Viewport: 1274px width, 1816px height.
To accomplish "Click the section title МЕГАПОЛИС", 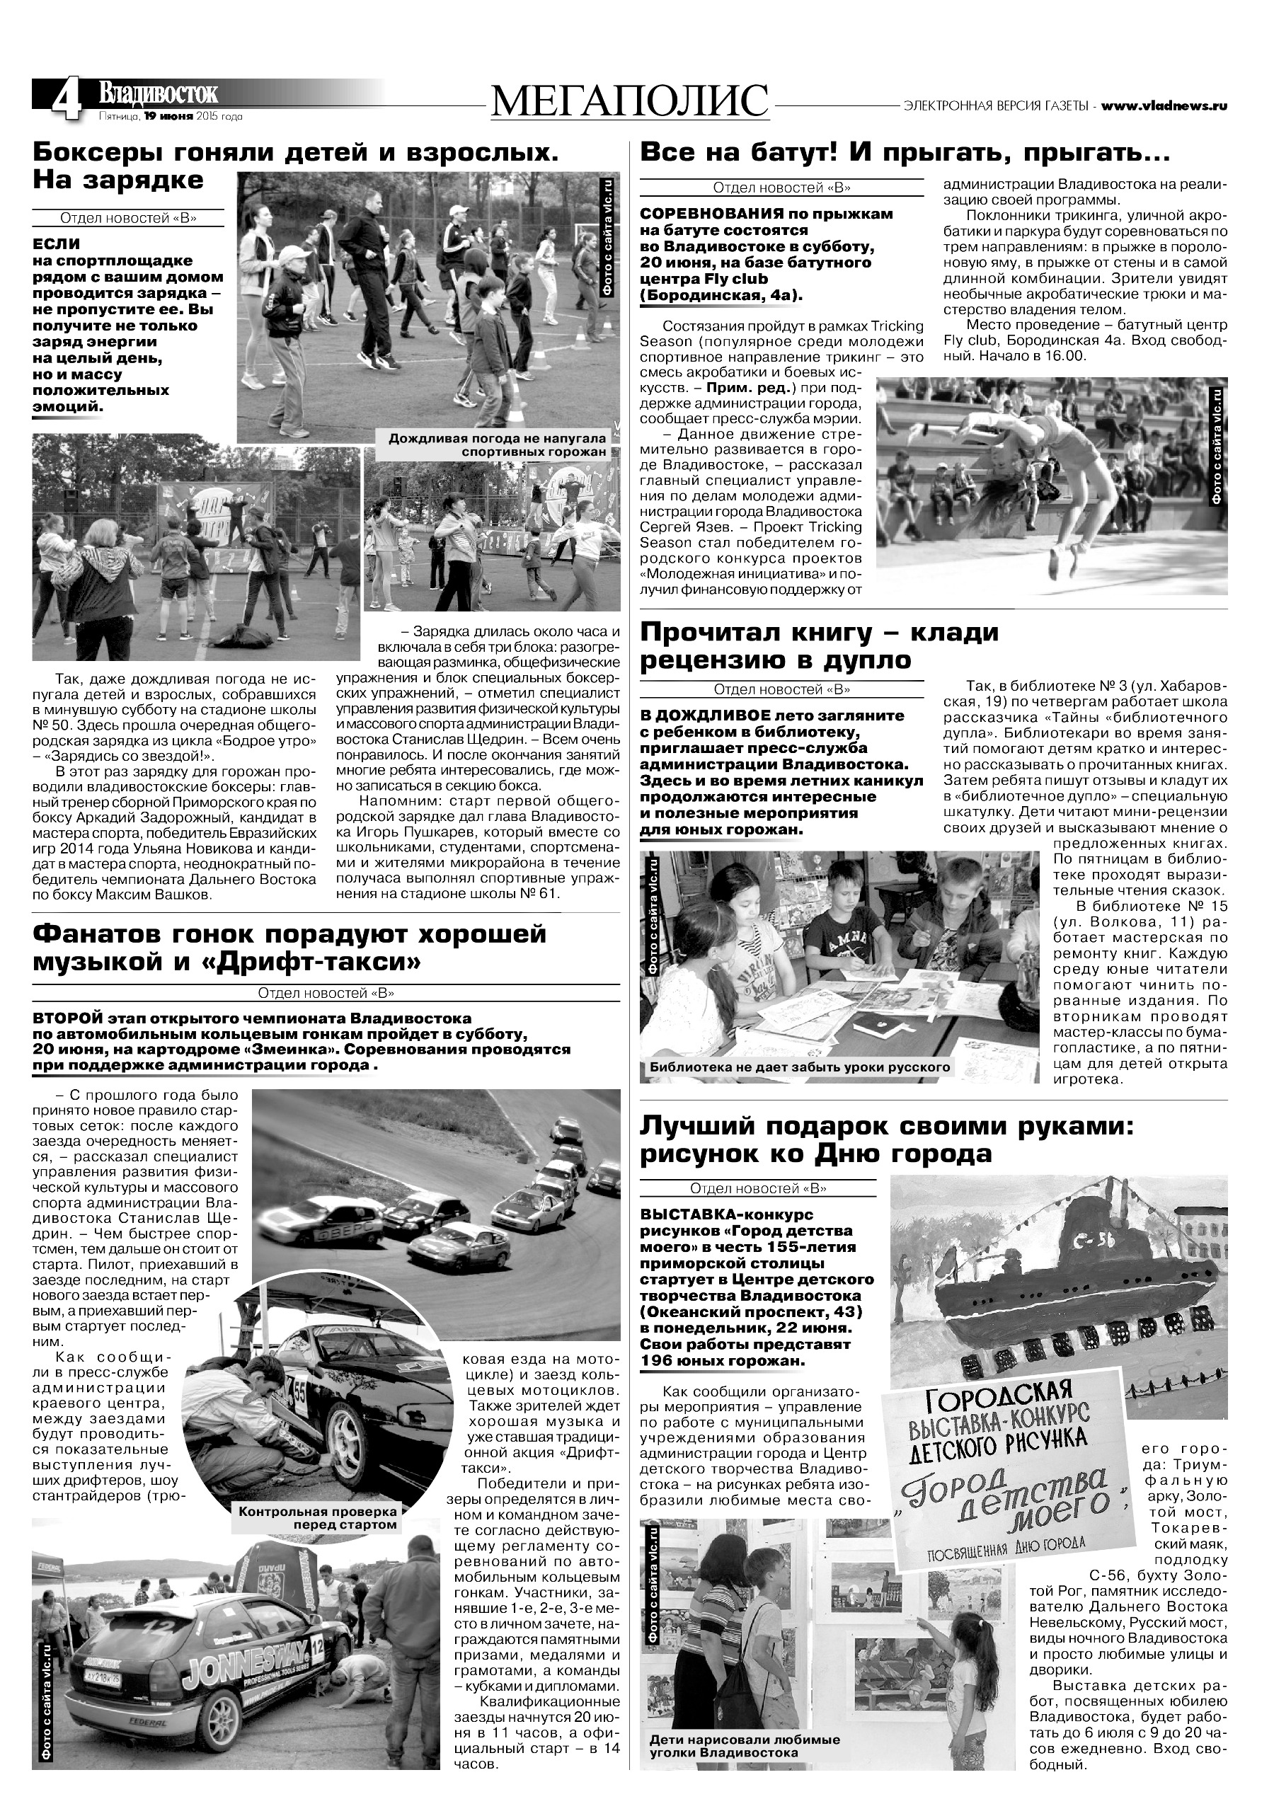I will (629, 102).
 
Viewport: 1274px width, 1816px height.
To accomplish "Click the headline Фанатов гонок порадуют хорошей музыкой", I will (289, 948).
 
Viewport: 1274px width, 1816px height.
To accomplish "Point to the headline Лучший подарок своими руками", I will (885, 1139).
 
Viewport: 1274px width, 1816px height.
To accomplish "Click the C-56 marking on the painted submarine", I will (1093, 1244).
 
